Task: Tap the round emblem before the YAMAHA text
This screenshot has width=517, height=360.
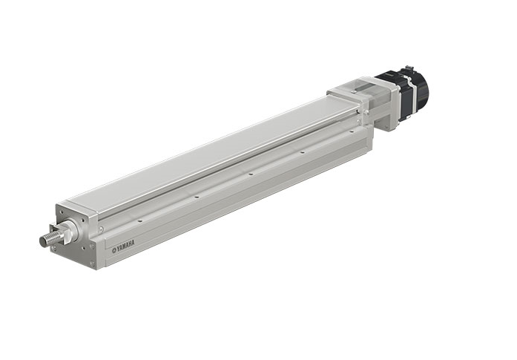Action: coord(114,250)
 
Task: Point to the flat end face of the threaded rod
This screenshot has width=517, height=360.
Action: coord(42,242)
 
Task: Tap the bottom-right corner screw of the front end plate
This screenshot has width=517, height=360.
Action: coord(92,263)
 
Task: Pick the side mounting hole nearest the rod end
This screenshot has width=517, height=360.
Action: coord(139,220)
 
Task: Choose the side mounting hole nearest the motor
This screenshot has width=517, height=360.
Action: coord(352,131)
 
